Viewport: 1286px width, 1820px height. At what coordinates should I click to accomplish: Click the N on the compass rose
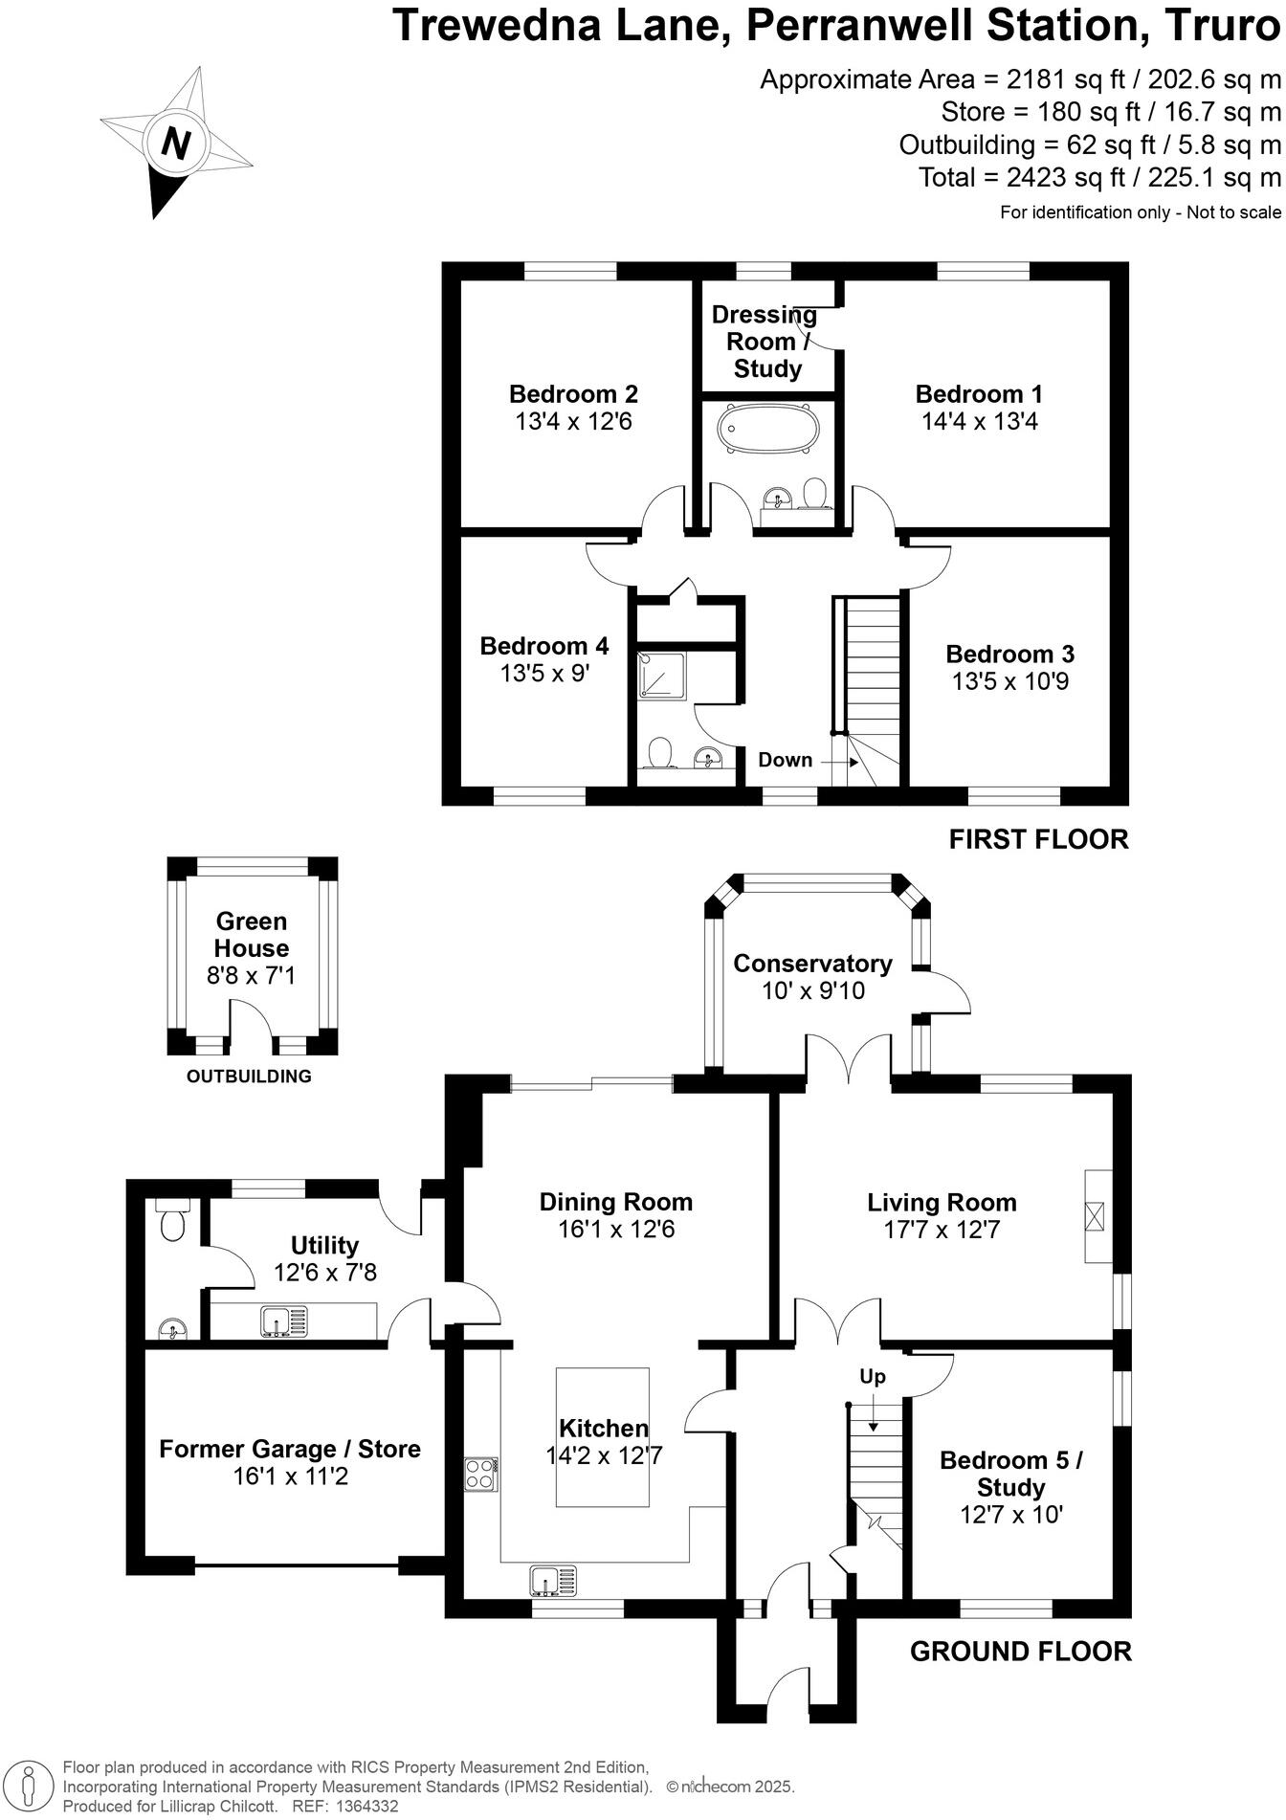pos(175,144)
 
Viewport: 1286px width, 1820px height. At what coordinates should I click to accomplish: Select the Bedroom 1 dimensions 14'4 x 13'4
pos(979,421)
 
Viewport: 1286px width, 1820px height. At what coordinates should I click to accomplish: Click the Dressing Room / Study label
pos(765,342)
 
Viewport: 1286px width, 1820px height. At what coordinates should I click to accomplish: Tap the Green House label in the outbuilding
pos(252,935)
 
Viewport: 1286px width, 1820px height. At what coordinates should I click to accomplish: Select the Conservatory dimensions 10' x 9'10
pos(812,990)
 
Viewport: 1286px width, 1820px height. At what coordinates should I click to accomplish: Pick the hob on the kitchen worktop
pos(480,1473)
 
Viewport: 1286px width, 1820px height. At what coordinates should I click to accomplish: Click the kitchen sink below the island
pos(553,1581)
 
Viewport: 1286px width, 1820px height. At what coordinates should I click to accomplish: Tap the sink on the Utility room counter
pos(284,1321)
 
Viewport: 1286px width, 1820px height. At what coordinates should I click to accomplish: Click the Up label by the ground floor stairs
pos(872,1376)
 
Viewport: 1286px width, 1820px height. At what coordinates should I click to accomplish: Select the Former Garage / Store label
pos(290,1449)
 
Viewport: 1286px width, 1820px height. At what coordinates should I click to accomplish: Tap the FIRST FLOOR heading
pos(1038,839)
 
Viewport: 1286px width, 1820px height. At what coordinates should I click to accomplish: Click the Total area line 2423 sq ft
pos(1098,178)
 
